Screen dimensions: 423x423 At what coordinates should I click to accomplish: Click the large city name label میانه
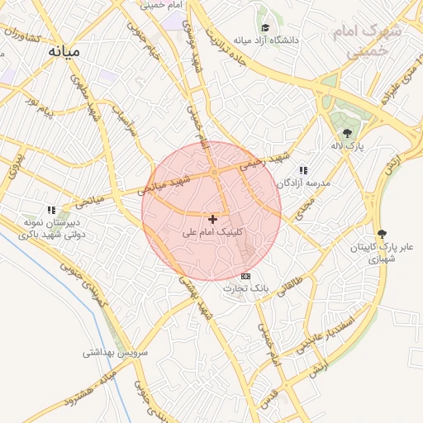click(x=64, y=51)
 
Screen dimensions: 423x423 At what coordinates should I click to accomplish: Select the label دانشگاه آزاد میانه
click(x=265, y=40)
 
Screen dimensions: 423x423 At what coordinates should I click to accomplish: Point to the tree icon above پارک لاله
click(x=347, y=133)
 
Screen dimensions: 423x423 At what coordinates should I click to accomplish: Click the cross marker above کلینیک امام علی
click(x=213, y=219)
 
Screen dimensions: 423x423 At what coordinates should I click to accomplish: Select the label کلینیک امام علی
click(x=213, y=233)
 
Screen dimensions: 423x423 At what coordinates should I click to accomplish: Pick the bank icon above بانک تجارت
click(x=245, y=275)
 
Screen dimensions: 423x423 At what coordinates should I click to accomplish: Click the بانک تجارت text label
click(x=245, y=288)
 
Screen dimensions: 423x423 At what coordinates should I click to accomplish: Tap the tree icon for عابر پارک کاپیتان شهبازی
click(x=381, y=234)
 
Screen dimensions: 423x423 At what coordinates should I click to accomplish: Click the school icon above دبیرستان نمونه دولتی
click(x=51, y=210)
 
